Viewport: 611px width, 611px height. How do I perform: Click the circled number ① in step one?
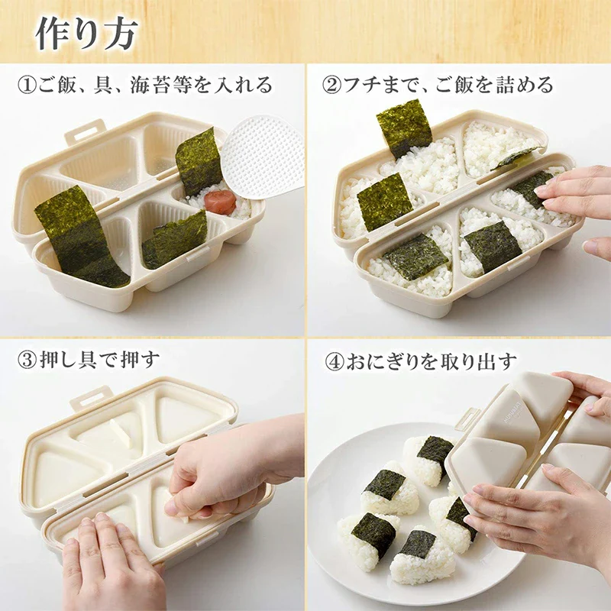[26, 85]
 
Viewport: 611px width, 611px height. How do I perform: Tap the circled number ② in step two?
[332, 85]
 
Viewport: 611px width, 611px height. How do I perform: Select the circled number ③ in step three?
[26, 360]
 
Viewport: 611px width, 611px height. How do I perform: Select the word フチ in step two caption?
[359, 85]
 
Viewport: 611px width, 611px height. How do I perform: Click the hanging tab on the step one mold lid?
[84, 132]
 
